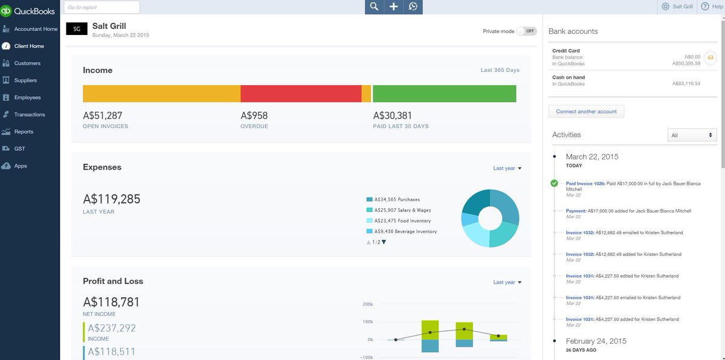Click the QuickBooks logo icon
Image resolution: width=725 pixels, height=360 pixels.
pos(7,11)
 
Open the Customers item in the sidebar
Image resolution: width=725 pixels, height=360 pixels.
pos(27,63)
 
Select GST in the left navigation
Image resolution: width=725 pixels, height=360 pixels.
pos(19,149)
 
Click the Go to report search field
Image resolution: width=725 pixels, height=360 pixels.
pos(101,7)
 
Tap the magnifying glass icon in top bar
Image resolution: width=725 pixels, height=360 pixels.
pos(375,7)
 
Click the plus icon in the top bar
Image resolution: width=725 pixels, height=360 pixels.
pos(393,7)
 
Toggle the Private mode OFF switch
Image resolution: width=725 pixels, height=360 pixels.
pos(527,31)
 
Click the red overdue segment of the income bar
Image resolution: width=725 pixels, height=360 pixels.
pos(300,94)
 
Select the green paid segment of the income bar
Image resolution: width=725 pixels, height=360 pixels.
pos(444,94)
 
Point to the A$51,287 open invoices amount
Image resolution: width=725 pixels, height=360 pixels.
pos(103,115)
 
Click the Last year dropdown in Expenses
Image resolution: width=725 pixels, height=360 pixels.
pos(507,169)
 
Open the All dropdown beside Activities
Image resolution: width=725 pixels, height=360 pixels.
pos(692,135)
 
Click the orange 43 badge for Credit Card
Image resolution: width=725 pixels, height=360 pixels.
pos(710,58)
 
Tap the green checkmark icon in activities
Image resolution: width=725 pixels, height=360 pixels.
pos(555,183)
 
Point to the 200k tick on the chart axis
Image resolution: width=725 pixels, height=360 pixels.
pos(368,304)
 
